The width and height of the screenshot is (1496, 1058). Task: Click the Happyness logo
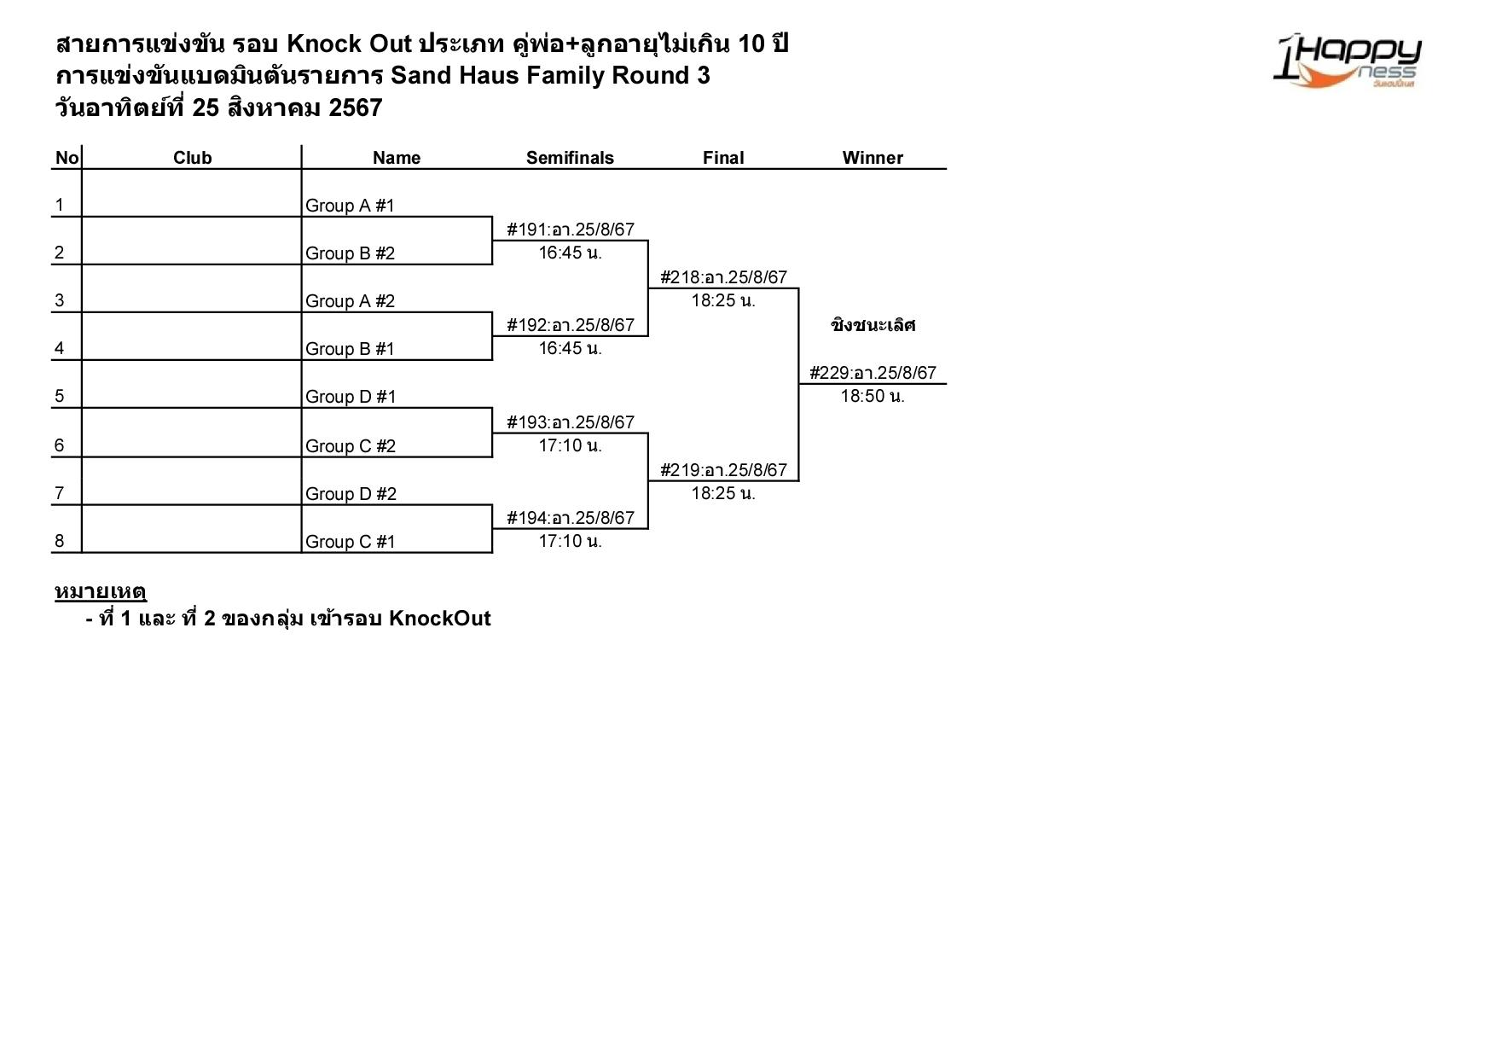pos(1347,61)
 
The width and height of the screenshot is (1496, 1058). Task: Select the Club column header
pos(192,158)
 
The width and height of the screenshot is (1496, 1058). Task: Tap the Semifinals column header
pos(570,158)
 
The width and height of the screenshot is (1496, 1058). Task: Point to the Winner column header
pos(872,158)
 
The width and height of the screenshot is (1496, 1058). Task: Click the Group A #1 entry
pos(350,206)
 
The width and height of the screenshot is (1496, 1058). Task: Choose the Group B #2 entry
pos(350,253)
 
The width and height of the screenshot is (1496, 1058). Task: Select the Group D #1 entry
pos(351,397)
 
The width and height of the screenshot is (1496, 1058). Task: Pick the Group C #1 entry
pos(350,542)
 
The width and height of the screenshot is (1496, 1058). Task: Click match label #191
pos(570,230)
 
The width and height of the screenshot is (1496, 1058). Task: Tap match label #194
pos(570,518)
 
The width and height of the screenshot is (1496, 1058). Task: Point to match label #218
pos(723,277)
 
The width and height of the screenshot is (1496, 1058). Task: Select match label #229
pos(873,373)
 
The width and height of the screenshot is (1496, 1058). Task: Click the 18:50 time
pos(873,396)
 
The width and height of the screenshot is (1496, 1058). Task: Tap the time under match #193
pos(570,445)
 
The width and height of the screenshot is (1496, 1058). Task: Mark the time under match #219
pos(723,493)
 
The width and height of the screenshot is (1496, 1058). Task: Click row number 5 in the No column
pos(60,396)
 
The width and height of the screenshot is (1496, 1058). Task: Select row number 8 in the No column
pos(60,541)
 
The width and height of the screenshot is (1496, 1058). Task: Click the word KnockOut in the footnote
pos(439,619)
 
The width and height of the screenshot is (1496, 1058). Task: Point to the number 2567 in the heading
pos(355,108)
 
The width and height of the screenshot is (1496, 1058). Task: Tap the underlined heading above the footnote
pos(101,591)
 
